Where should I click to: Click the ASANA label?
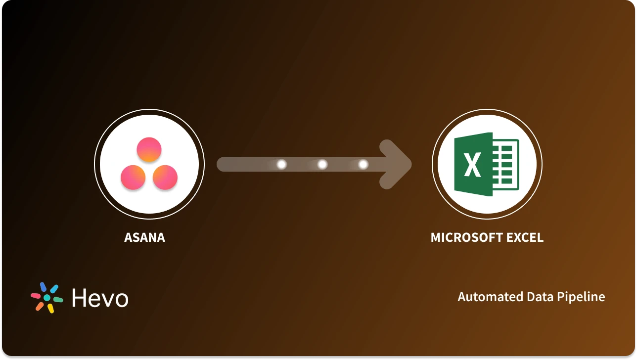(x=144, y=238)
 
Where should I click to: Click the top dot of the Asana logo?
(x=149, y=149)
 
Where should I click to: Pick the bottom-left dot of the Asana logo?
(x=133, y=177)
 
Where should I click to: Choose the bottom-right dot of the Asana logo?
(x=165, y=177)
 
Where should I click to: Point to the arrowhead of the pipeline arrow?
(x=398, y=164)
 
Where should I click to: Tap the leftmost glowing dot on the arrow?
(x=282, y=164)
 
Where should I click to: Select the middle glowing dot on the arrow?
(x=322, y=164)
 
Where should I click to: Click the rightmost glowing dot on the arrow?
(x=363, y=164)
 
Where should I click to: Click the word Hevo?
(x=100, y=298)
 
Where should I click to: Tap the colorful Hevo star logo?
(x=47, y=298)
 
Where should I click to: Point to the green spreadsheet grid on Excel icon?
(x=506, y=165)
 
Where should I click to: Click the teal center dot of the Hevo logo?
(x=47, y=298)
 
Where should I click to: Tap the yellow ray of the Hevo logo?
(x=50, y=308)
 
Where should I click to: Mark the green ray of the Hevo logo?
(x=58, y=299)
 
